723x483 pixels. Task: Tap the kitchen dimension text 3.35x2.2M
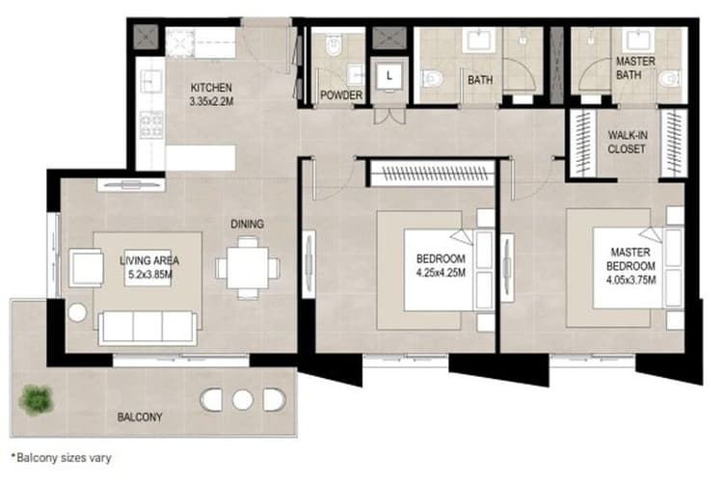pos(211,100)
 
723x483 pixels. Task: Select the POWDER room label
pos(342,94)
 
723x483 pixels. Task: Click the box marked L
pos(388,75)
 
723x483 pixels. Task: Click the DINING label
pos(247,224)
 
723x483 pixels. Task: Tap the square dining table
pos(247,267)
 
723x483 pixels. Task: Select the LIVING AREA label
pos(149,260)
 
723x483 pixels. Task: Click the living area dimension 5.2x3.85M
pos(149,275)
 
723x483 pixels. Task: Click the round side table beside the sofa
pos(77,311)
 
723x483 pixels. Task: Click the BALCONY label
pos(139,417)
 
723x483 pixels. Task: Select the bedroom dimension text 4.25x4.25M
pos(441,274)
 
